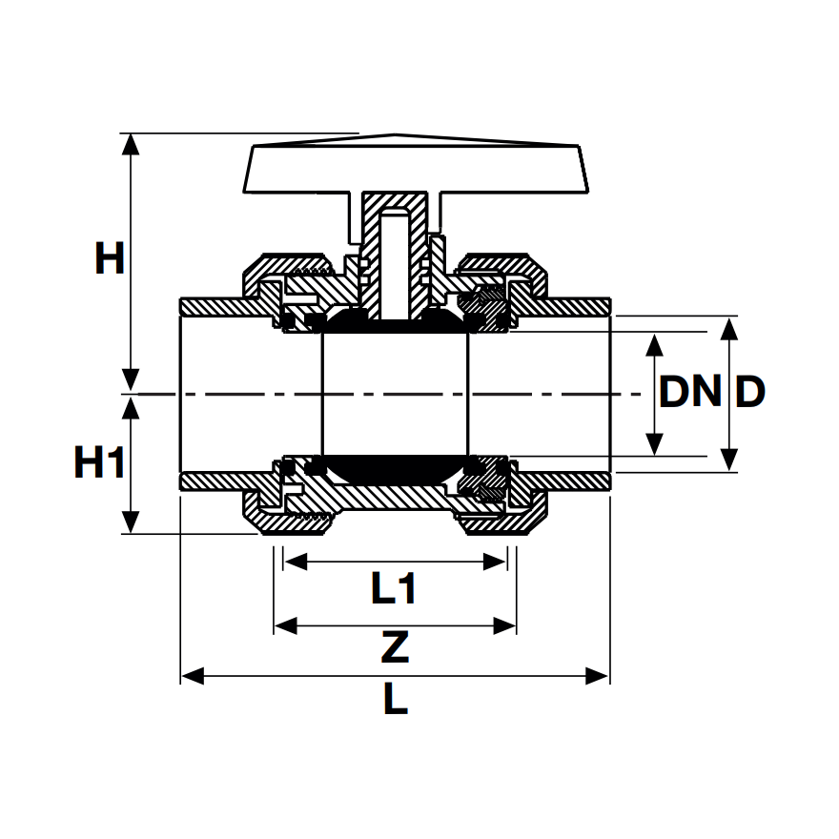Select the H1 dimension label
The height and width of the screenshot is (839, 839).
(x=100, y=463)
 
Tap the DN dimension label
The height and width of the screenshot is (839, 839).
(x=690, y=392)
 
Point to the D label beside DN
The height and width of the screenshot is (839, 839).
(x=750, y=392)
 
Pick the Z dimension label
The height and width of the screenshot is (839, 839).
(x=394, y=649)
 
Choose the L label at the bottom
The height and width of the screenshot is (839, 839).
(x=395, y=702)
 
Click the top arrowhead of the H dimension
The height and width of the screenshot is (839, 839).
(x=132, y=144)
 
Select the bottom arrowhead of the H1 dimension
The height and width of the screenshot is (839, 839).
(x=132, y=523)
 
